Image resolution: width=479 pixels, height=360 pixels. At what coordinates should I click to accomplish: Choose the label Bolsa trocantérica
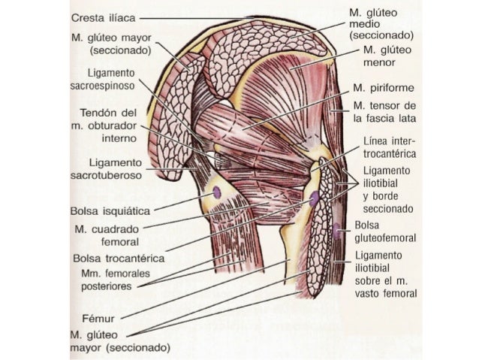point(119,259)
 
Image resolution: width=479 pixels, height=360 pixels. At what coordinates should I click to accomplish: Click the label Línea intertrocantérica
point(390,147)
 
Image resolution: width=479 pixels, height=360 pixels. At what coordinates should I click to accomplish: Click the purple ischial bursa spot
point(217,193)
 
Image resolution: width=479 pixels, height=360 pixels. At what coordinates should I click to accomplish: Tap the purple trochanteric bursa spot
point(314,198)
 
